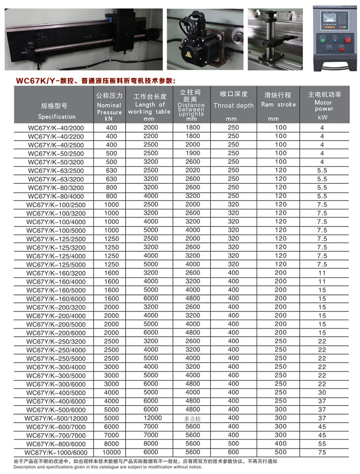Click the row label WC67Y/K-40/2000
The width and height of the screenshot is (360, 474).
tap(56, 128)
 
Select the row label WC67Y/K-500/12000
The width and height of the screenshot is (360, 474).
tap(56, 418)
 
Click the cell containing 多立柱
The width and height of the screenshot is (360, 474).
tap(192, 419)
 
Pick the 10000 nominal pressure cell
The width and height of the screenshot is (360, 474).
tap(111, 452)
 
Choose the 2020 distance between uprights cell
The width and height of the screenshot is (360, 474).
tap(192, 170)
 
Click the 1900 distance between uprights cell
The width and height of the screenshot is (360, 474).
tap(192, 153)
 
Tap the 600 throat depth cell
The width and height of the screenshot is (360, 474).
tap(233, 452)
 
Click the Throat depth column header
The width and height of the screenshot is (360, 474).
tap(233, 105)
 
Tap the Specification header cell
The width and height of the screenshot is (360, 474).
tap(57, 116)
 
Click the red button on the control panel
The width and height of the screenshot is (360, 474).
tap(342, 49)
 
